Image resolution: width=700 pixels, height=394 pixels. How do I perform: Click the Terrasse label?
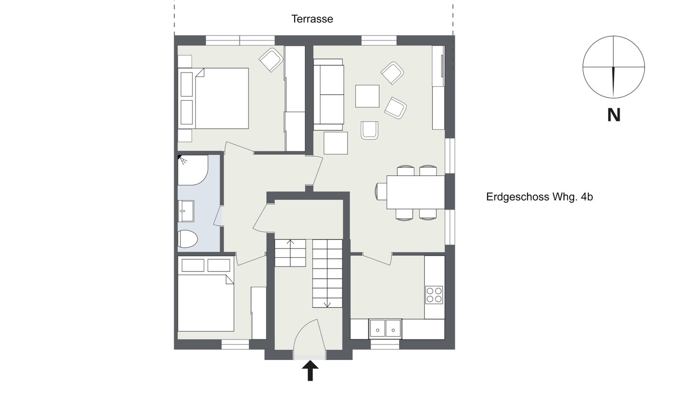tap(312, 19)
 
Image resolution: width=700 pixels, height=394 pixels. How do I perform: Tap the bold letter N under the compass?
tap(613, 115)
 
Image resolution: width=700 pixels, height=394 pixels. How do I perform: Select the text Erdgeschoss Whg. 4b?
tap(540, 197)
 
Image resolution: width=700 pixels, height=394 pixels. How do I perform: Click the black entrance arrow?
tap(310, 370)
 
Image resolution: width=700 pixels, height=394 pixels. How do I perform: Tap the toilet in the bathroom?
tap(187, 239)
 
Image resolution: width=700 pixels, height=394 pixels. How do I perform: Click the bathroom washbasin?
tap(186, 211)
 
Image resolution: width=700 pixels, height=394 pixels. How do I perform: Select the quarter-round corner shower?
tap(192, 170)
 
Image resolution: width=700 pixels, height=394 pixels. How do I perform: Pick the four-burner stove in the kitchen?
tap(434, 295)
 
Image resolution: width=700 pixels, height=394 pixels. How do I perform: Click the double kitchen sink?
tap(385, 328)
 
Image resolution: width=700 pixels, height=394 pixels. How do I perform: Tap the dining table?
tap(416, 192)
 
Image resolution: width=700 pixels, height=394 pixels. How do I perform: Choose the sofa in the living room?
tap(328, 94)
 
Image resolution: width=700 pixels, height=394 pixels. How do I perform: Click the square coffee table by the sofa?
tap(367, 96)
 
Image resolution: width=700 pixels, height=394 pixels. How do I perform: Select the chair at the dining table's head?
tap(381, 191)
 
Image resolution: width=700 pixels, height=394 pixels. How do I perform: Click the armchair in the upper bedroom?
tap(271, 60)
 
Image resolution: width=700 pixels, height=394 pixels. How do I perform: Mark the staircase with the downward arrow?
tap(327, 273)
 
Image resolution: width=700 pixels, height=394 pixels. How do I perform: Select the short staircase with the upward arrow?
tap(290, 253)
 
